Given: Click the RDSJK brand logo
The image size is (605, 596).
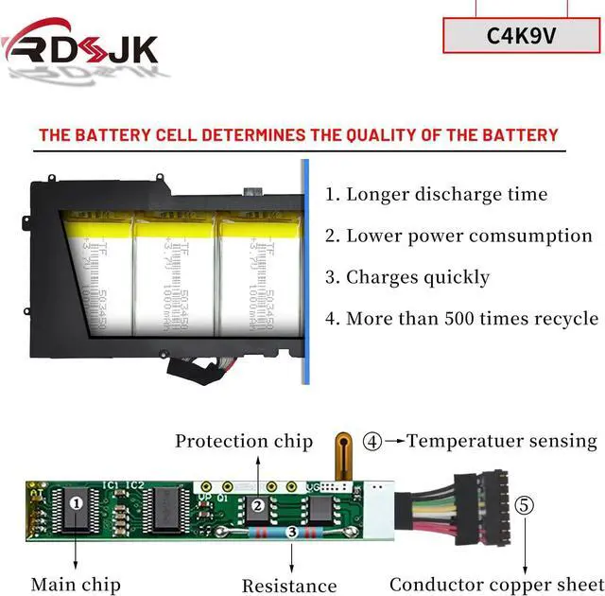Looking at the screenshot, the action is (x=80, y=45).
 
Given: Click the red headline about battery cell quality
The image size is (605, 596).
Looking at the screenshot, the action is (x=299, y=134).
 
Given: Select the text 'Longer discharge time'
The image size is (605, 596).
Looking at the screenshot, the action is (x=436, y=195).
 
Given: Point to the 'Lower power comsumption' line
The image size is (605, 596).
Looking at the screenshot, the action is (x=458, y=236).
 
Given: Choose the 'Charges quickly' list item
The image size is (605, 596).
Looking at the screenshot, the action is (x=407, y=277).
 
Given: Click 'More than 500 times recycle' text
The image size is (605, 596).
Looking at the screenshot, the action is (x=461, y=318).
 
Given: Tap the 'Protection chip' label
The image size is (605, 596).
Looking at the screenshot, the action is (x=244, y=441).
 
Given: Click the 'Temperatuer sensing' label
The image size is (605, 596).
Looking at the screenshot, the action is (x=502, y=441).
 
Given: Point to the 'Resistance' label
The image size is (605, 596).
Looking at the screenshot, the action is (x=289, y=587).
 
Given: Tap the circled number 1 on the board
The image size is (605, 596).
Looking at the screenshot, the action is (x=77, y=503).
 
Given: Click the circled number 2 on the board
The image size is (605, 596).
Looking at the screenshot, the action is (x=258, y=505).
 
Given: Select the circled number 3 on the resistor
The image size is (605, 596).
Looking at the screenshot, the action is (x=292, y=534).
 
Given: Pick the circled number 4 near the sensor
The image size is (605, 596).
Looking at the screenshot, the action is (x=373, y=441).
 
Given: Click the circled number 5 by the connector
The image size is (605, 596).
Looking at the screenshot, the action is (x=525, y=504).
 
